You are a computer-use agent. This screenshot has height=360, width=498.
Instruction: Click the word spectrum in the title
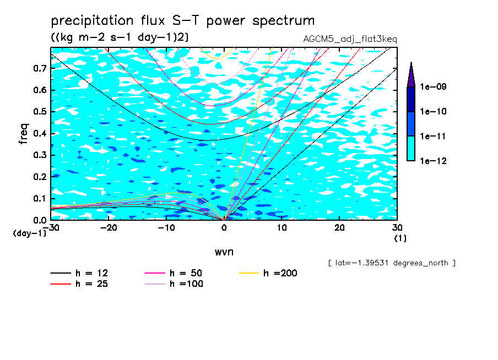tap(283, 21)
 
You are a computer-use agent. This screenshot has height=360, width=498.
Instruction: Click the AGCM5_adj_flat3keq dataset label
tap(350, 40)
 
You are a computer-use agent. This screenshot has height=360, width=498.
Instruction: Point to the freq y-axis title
tap(24, 134)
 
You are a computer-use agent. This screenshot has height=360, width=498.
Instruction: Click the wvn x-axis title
tap(224, 252)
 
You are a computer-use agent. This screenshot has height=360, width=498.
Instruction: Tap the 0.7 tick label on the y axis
tap(40, 68)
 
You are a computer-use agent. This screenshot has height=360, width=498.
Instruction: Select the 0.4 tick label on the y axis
tap(40, 133)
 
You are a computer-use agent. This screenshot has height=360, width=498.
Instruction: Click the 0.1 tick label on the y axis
tap(40, 198)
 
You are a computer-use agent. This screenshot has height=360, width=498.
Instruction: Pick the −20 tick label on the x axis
tap(109, 228)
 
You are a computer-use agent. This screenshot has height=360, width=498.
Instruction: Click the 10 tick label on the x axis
tap(282, 228)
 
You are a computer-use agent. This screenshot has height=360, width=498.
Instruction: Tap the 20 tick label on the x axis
tap(339, 228)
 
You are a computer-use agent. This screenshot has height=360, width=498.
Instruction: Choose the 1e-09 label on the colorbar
tap(433, 86)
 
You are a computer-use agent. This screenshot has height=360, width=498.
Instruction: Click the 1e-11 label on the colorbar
tap(433, 136)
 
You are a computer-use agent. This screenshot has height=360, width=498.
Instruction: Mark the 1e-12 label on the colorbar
tap(433, 161)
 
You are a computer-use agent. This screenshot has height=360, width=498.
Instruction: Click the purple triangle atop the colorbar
tap(411, 76)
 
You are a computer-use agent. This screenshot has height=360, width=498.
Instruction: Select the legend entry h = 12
tap(79, 273)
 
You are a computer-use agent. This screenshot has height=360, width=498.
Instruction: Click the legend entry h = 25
tap(79, 283)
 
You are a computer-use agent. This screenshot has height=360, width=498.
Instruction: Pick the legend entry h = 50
tap(174, 273)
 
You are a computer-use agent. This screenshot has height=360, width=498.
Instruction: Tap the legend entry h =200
tap(268, 273)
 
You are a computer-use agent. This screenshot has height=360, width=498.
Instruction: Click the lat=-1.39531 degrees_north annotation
tap(392, 263)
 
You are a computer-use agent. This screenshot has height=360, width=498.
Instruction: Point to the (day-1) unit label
tap(29, 233)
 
